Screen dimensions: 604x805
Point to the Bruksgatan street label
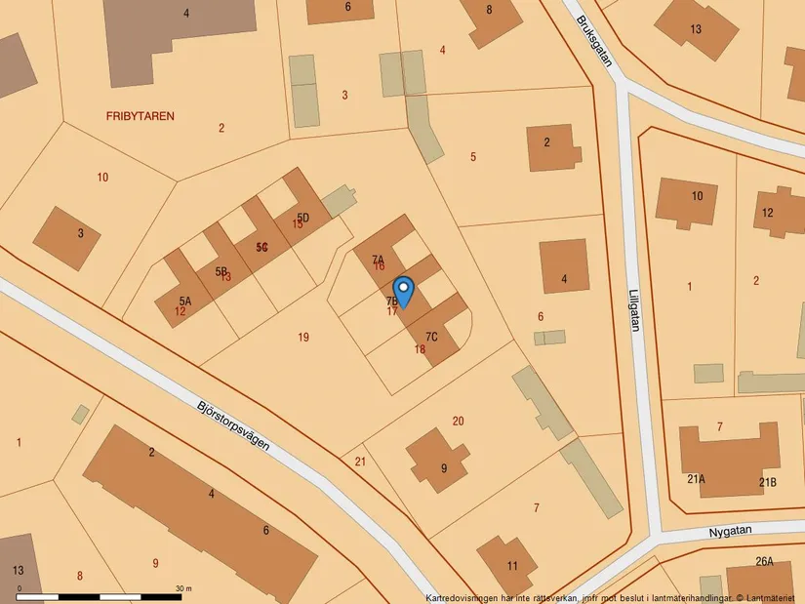594,40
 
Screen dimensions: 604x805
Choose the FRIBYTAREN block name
141,116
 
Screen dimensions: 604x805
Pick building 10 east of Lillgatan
694,199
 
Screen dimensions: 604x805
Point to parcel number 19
303,338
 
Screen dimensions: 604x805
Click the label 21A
696,480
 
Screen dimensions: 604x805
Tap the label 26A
764,561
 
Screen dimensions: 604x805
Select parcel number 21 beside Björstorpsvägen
360,462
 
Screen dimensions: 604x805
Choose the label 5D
303,217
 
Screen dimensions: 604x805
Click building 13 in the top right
695,29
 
